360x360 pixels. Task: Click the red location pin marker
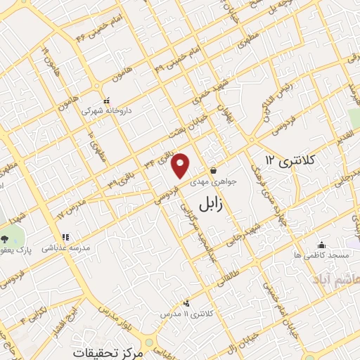tap(181, 165)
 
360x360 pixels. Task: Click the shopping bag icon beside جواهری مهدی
tap(213, 169)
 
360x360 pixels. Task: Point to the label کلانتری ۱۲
tap(292, 161)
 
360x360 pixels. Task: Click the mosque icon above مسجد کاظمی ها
tap(321, 245)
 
